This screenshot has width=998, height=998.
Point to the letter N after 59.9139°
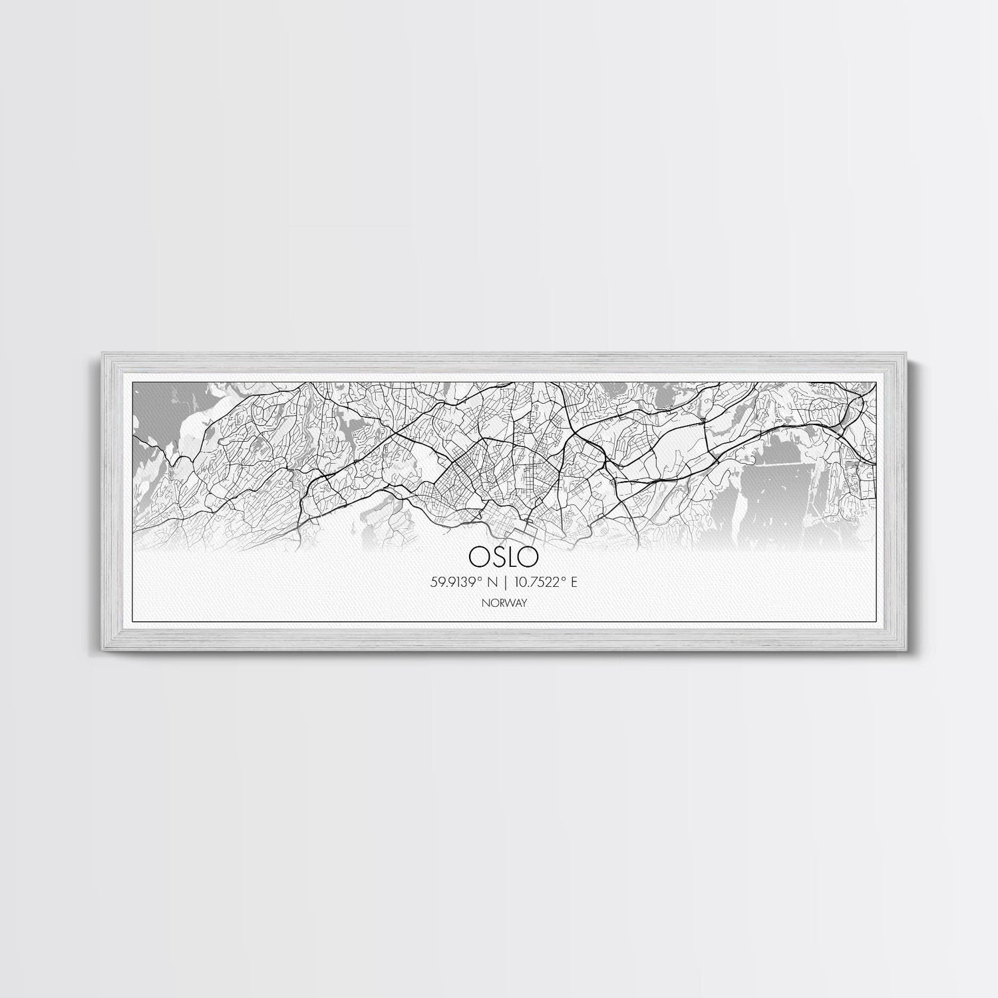click(x=492, y=582)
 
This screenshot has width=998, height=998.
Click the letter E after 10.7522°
click(x=574, y=582)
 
